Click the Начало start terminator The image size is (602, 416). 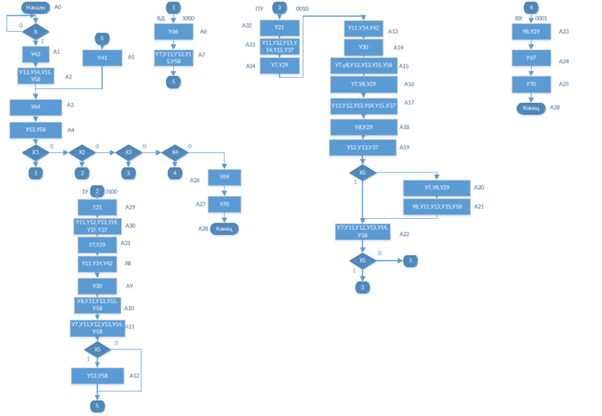(35, 8)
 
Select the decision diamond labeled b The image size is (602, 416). (35, 32)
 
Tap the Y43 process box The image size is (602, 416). (35, 54)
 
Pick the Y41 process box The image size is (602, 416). (102, 57)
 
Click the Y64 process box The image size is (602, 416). (35, 107)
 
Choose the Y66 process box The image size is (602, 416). (173, 32)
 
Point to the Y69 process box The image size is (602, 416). (225, 178)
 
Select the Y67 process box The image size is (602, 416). (531, 58)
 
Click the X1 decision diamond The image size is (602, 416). (35, 153)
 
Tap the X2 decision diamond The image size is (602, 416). (82, 153)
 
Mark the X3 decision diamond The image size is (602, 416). (128, 153)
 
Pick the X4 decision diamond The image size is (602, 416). (175, 153)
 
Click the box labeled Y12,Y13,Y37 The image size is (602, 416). (362, 148)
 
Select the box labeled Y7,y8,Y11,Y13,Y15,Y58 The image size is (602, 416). (363, 65)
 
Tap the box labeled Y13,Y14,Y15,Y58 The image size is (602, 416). (35, 75)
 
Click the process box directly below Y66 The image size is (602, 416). (173, 57)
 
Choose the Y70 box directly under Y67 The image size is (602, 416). (531, 84)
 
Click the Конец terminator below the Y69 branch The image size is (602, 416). (224, 229)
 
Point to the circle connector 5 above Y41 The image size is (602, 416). (102, 38)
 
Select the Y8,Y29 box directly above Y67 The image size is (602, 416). (531, 32)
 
